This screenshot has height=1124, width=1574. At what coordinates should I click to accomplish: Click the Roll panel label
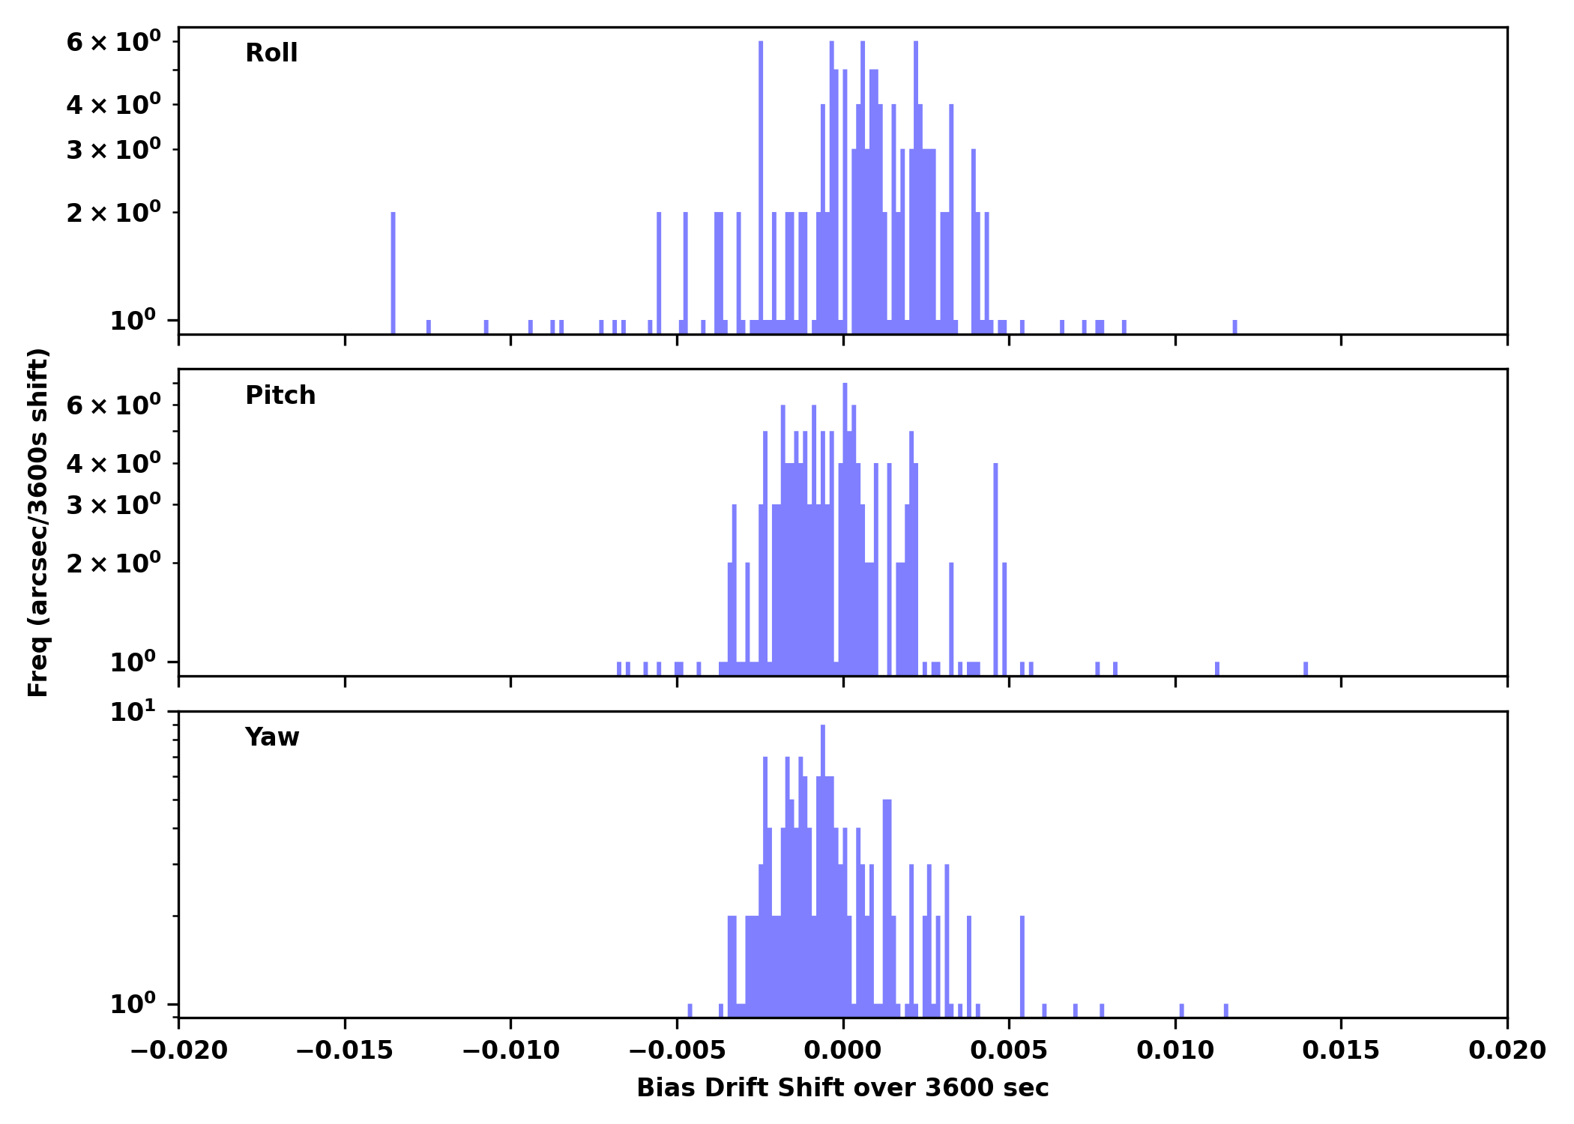pos(271,53)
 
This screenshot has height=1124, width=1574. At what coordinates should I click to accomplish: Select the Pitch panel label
pos(280,396)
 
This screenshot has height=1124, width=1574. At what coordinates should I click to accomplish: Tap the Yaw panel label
pos(272,737)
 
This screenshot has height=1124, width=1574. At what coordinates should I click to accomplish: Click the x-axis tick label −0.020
pos(178,1051)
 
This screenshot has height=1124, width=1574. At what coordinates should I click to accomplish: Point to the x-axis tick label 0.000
pos(842,1051)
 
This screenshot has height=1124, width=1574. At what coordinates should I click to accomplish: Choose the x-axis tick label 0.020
pos(1507,1051)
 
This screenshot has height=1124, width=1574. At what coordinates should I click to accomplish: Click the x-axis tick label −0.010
pos(510,1051)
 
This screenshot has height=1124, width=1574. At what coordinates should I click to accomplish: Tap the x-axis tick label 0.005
pos(1009,1051)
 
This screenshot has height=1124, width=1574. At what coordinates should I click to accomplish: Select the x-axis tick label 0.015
pos(1341,1051)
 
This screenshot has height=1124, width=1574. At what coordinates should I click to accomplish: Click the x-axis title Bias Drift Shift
pos(842,1088)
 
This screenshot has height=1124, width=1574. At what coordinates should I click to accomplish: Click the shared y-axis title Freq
pos(38,522)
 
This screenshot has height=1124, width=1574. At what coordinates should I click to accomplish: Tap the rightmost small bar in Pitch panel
pos(1306,668)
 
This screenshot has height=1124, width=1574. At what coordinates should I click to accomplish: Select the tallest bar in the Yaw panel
pos(823,862)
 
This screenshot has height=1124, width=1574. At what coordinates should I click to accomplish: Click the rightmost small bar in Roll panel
pos(1235,327)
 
